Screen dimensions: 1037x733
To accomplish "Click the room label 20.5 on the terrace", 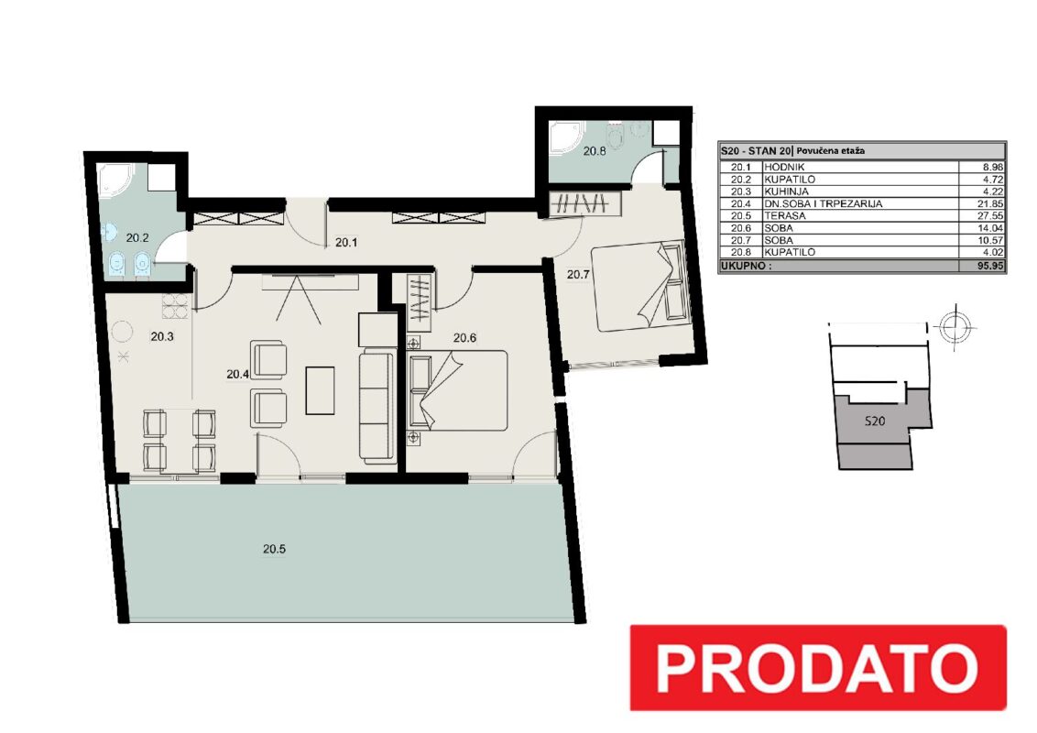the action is pyautogui.click(x=274, y=549).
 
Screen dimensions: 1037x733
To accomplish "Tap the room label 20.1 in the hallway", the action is pyautogui.click(x=346, y=243).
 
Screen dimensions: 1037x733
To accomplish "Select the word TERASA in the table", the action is pyautogui.click(x=785, y=215).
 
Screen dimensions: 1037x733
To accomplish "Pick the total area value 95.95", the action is pyautogui.click(x=990, y=266).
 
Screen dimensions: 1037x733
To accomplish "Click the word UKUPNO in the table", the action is pyautogui.click(x=746, y=266).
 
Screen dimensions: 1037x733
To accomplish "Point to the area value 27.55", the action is pyautogui.click(x=990, y=215).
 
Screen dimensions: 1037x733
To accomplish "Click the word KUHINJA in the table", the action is pyautogui.click(x=786, y=191).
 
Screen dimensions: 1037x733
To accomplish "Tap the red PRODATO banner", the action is pyautogui.click(x=817, y=668).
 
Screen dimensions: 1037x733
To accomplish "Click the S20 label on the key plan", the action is pyautogui.click(x=874, y=421).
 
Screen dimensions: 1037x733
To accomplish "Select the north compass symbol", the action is pyautogui.click(x=955, y=326).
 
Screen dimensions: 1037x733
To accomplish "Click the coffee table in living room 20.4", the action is pyautogui.click(x=320, y=390).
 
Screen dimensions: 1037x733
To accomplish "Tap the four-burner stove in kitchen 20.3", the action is pyautogui.click(x=175, y=306).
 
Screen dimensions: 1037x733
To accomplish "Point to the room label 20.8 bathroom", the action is pyautogui.click(x=595, y=151).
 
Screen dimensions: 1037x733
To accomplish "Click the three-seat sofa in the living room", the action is pyautogui.click(x=377, y=407).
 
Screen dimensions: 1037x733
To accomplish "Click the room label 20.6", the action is pyautogui.click(x=464, y=338).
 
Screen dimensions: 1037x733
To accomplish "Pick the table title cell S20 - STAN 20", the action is pyautogui.click(x=757, y=151).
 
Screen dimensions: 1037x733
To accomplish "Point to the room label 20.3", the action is pyautogui.click(x=162, y=337).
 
